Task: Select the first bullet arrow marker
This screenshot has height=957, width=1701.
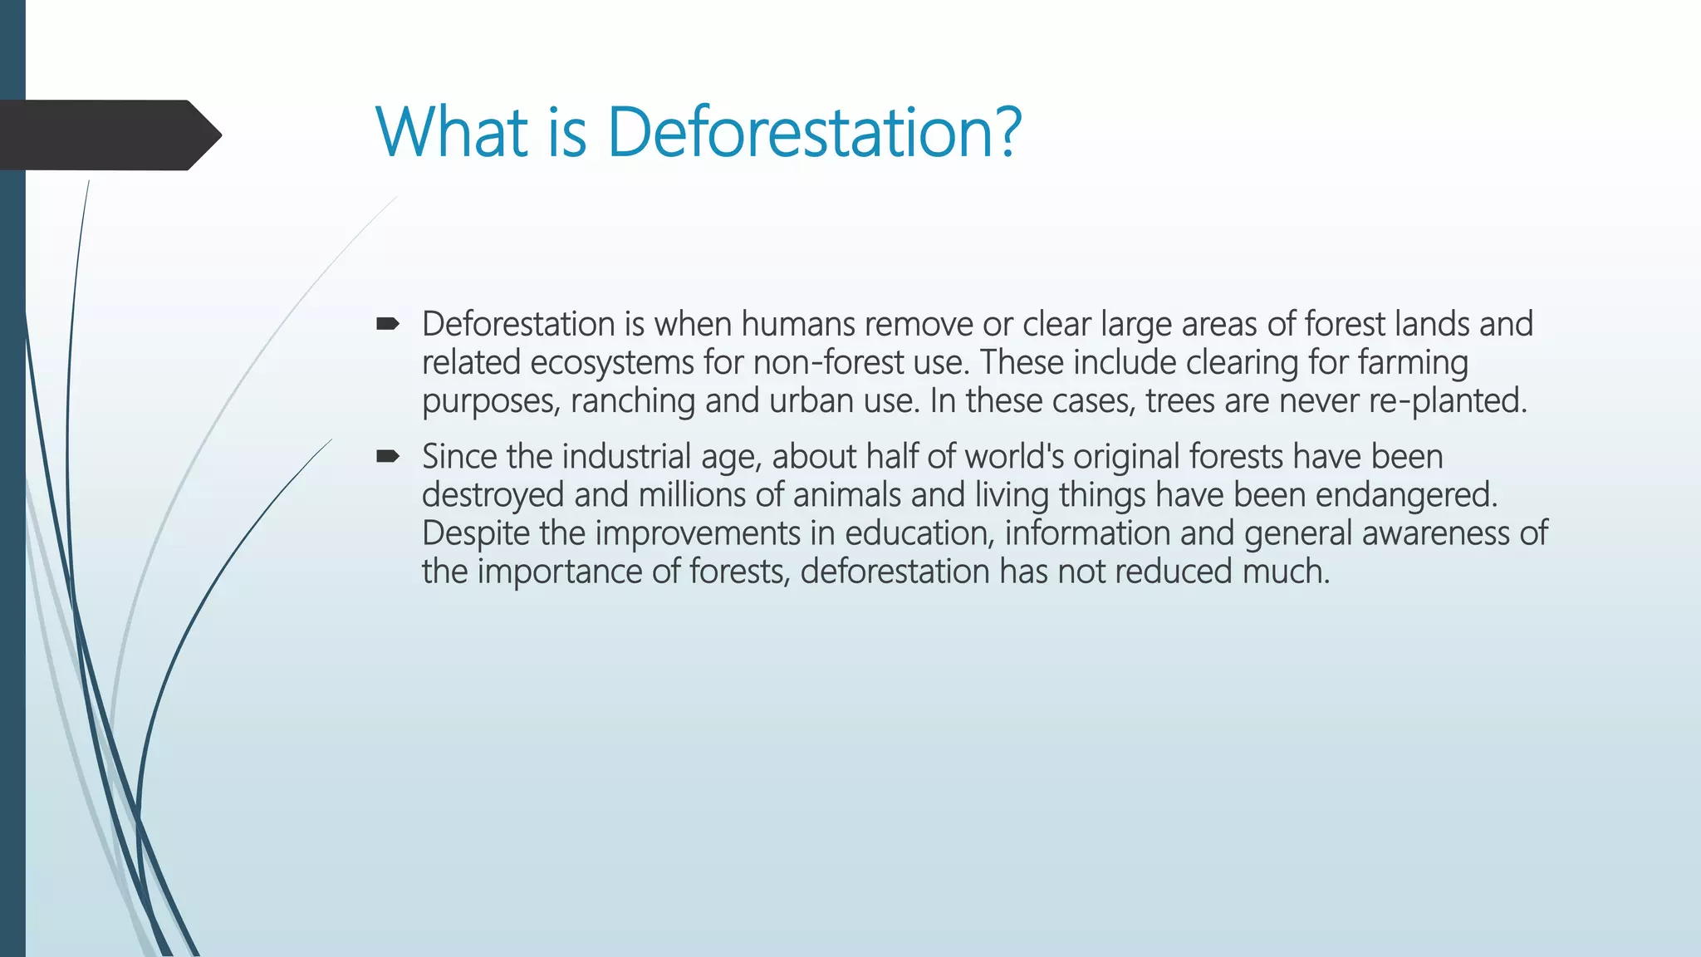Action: pyautogui.click(x=387, y=324)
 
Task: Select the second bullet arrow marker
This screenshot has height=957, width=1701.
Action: pyautogui.click(x=387, y=456)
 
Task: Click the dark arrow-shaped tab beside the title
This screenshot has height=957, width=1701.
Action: pyautogui.click(x=108, y=135)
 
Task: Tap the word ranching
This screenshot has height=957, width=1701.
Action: pyautogui.click(x=632, y=401)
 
